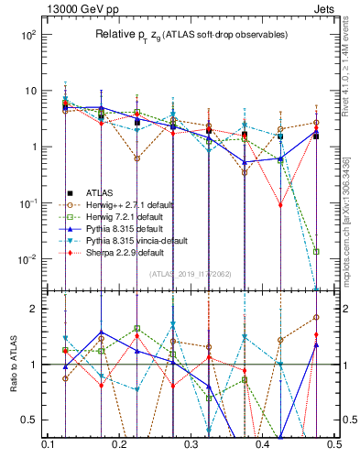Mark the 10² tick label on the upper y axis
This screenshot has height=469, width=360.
27,35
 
